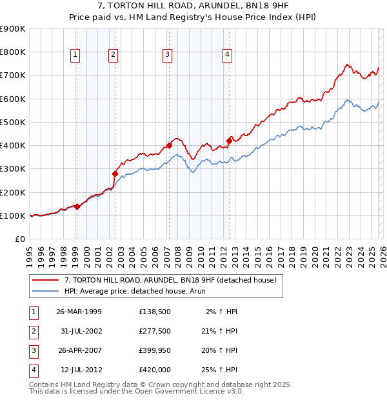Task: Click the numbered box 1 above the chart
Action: pos(75,55)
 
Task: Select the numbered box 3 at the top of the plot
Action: pos(167,55)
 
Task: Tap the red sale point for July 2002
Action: pos(115,174)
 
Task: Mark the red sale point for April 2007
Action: pos(169,145)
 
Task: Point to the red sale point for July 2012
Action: pos(229,141)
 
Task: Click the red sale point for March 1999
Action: pos(77,206)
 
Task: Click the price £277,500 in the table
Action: pos(154,331)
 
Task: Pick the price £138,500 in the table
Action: pos(154,312)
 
